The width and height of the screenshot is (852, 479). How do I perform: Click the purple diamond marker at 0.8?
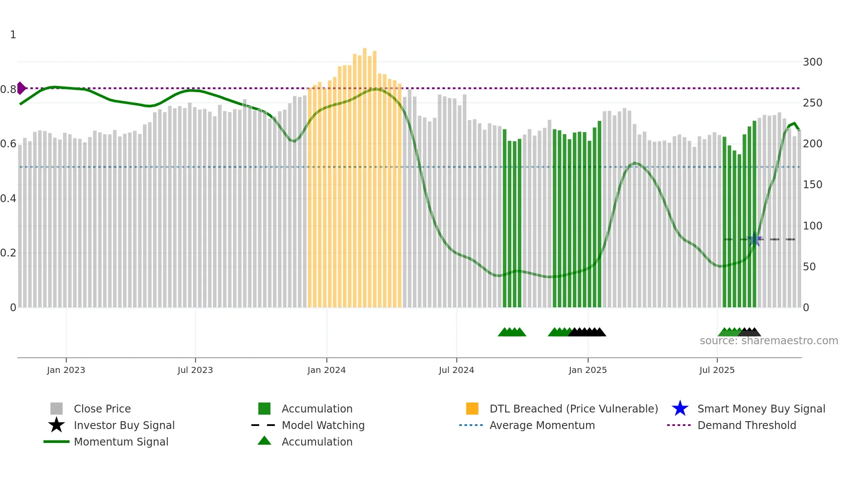pyautogui.click(x=21, y=88)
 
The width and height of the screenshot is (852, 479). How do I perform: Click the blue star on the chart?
pyautogui.click(x=755, y=239)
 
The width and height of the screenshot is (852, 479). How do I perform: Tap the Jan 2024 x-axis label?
pyautogui.click(x=326, y=370)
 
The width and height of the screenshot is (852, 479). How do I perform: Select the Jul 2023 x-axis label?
pyautogui.click(x=195, y=370)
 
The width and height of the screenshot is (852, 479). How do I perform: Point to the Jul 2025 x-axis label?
pyautogui.click(x=717, y=370)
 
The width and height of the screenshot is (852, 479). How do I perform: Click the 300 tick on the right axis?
pyautogui.click(x=812, y=62)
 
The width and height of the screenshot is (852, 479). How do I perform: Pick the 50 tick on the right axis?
pyautogui.click(x=809, y=267)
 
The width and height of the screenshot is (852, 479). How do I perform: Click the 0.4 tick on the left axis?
pyautogui.click(x=8, y=199)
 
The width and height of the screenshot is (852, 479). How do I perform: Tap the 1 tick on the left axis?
pyautogui.click(x=13, y=35)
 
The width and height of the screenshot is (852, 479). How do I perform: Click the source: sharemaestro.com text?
pyautogui.click(x=769, y=341)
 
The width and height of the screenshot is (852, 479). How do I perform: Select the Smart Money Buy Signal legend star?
pyautogui.click(x=680, y=409)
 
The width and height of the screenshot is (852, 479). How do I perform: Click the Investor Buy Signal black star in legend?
pyautogui.click(x=57, y=425)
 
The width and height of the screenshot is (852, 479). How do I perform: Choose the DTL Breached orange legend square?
pyautogui.click(x=472, y=409)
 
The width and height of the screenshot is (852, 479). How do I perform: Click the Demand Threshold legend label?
pyautogui.click(x=746, y=425)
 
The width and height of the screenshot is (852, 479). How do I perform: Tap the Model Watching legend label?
pyautogui.click(x=323, y=425)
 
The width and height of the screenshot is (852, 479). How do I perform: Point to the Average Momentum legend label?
pyautogui.click(x=542, y=425)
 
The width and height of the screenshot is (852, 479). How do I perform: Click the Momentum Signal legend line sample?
pyautogui.click(x=57, y=442)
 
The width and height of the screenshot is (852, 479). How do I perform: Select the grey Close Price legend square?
pyautogui.click(x=57, y=409)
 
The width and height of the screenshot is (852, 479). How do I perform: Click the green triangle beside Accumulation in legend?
pyautogui.click(x=264, y=441)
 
